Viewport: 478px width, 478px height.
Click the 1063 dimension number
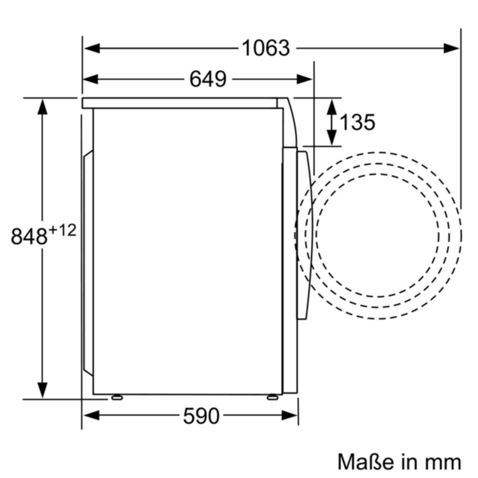266,48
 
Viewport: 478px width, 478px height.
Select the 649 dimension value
208,79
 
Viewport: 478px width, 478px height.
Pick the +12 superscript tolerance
62,230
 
